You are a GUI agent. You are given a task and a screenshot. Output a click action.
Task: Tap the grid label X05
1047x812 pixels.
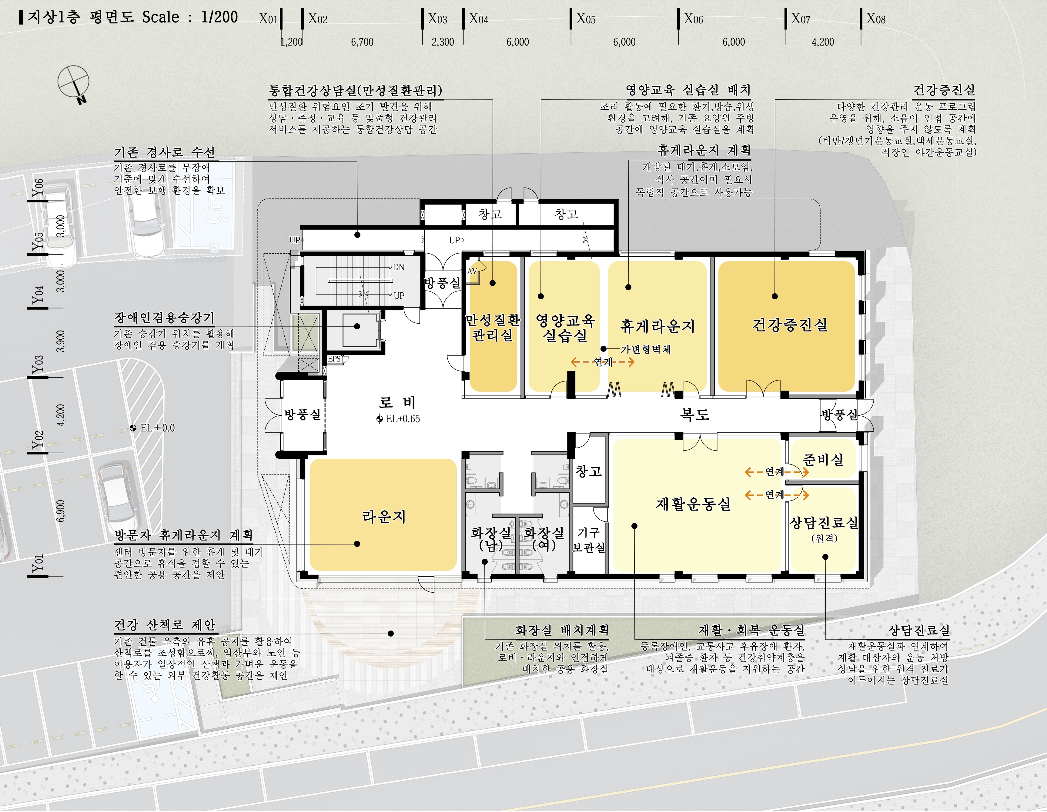(586, 19)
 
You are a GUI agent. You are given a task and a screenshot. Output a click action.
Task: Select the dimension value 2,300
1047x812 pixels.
(443, 42)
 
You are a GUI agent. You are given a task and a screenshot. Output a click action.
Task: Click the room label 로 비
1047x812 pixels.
(397, 402)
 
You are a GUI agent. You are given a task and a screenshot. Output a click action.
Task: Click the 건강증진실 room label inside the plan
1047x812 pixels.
(790, 325)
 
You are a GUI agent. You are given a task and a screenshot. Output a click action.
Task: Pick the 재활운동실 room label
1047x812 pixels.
(693, 504)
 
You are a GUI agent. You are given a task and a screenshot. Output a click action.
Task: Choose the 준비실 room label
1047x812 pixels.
(823, 460)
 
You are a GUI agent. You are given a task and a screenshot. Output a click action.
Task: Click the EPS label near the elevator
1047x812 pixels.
(334, 359)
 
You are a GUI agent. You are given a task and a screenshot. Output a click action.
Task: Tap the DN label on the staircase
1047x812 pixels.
(398, 267)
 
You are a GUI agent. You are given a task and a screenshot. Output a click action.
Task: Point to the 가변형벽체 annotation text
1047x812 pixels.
(645, 349)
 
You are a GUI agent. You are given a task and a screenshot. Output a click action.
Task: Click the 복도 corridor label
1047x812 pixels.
(695, 414)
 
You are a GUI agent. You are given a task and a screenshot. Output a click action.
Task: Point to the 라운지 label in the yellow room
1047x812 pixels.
(384, 516)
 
